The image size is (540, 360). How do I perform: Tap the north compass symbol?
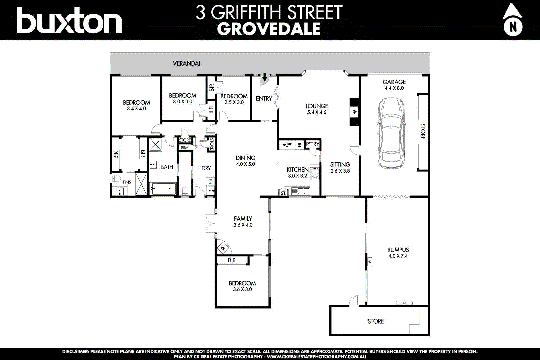(513, 20)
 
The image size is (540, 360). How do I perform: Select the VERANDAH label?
(188, 63)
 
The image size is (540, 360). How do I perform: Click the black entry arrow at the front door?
(265, 78)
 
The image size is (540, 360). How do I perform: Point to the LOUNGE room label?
(317, 106)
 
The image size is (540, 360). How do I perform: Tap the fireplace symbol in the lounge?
(354, 112)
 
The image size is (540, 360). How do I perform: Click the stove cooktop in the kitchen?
(315, 173)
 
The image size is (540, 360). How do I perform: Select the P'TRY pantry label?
(313, 144)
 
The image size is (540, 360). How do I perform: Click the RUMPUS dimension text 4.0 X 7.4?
(398, 256)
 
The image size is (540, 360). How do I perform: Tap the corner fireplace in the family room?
(223, 248)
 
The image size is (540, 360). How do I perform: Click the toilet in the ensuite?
(115, 178)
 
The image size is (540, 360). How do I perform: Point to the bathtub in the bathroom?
(163, 188)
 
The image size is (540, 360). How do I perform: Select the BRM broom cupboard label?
(185, 148)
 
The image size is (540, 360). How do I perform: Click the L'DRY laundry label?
(205, 168)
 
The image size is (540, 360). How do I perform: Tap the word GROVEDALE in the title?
(269, 29)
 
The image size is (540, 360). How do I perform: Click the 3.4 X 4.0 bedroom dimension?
(136, 109)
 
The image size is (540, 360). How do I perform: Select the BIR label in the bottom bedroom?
(232, 260)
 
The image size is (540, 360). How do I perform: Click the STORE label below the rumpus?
(376, 321)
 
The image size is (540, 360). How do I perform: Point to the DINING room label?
(245, 158)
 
